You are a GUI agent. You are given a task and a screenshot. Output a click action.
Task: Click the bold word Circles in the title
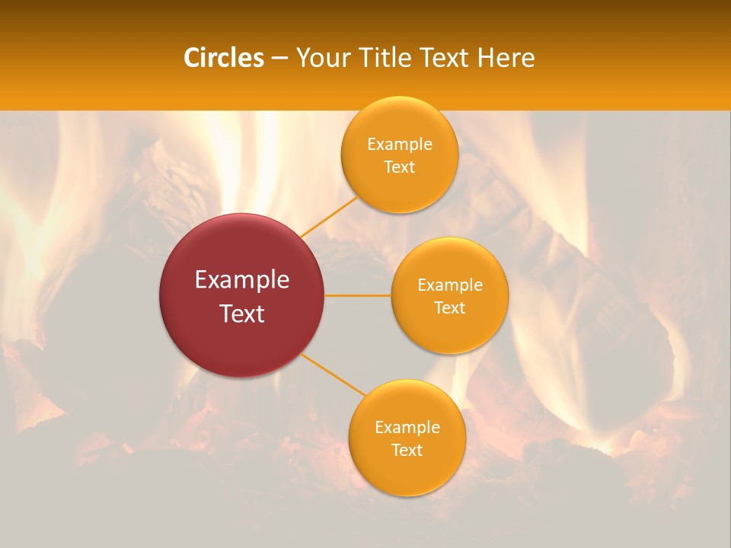tap(223, 58)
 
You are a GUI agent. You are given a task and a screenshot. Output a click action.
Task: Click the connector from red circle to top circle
tap(329, 216)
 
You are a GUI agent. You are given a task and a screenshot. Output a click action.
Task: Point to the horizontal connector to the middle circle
tap(358, 295)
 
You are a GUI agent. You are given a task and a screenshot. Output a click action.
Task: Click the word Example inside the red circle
tap(241, 280)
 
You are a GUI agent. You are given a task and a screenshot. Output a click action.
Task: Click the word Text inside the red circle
tap(241, 314)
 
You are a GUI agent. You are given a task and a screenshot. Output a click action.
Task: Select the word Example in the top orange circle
tap(399, 145)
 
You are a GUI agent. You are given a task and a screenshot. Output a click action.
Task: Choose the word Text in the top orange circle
tap(399, 167)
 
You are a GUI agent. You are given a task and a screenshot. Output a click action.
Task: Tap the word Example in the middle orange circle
tap(449, 285)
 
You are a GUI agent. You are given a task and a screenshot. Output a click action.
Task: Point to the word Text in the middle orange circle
tap(449, 307)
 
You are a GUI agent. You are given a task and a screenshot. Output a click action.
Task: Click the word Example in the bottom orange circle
tap(407, 428)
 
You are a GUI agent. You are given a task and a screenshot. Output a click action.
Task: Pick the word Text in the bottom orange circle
tap(407, 450)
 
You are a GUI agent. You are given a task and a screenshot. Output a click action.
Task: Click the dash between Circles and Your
tap(279, 59)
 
